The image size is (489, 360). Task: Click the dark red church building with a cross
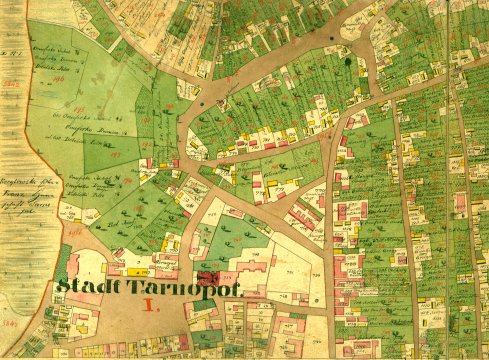click(x=207, y=277)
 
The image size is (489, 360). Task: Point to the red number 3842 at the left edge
click(x=10, y=85)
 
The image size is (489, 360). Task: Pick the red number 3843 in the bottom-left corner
click(x=11, y=324)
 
